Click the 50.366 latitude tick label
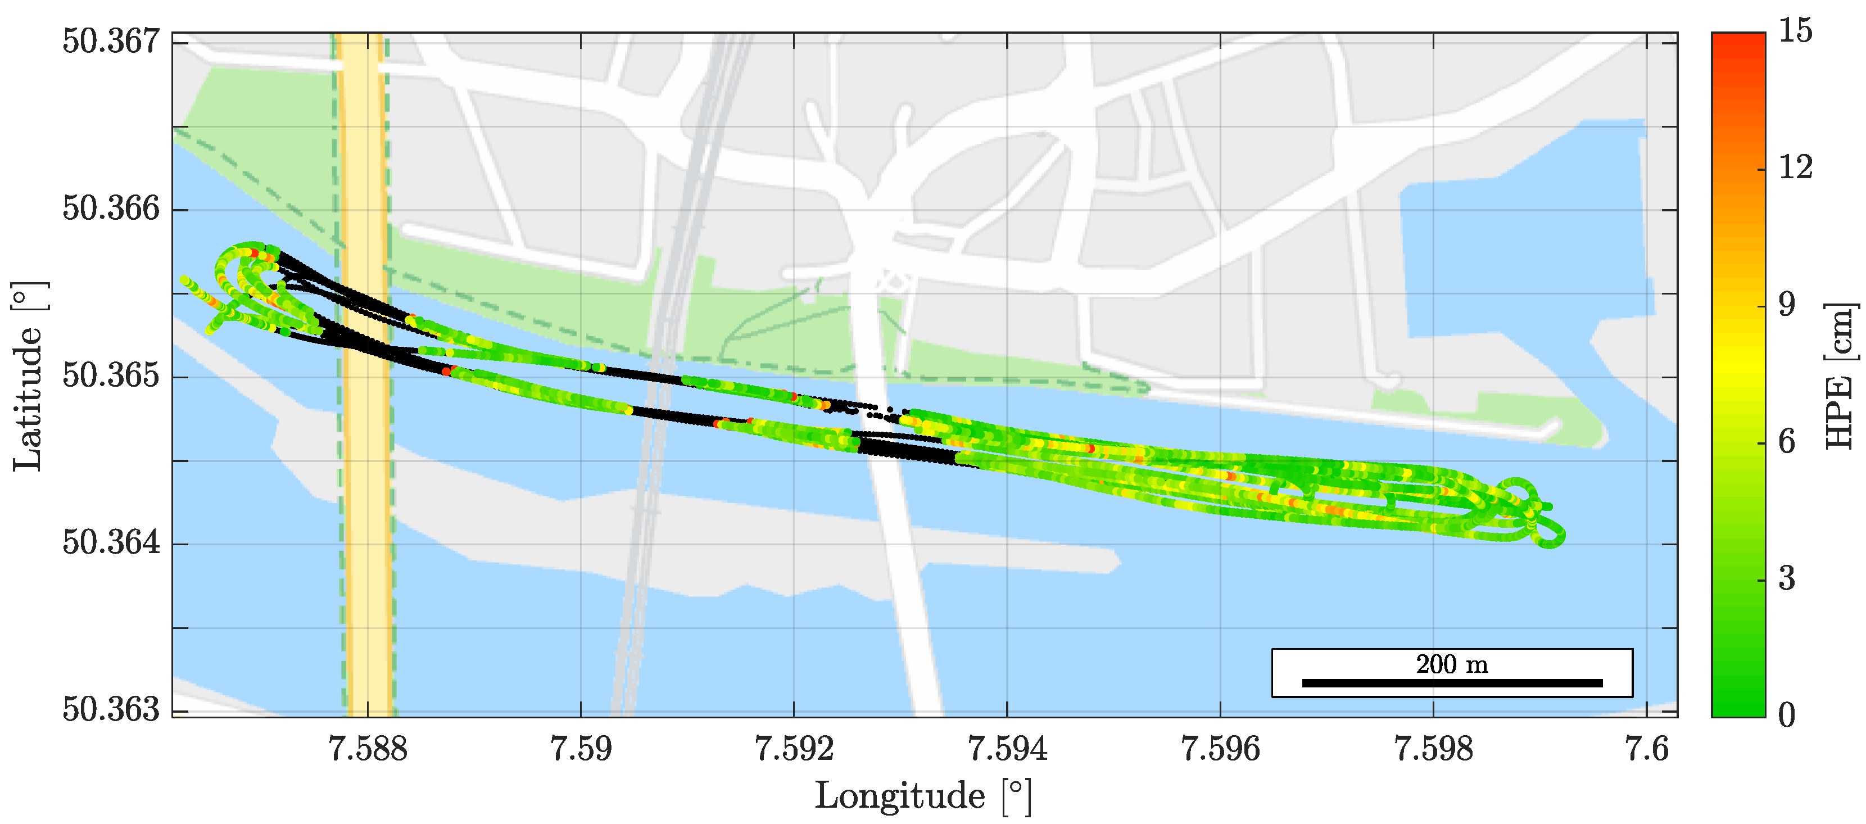coord(111,209)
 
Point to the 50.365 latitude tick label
coord(111,375)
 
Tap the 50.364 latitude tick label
coord(111,542)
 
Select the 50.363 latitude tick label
coord(111,709)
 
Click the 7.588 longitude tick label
coord(368,749)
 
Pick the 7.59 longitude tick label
coord(581,749)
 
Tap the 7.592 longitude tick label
coord(794,749)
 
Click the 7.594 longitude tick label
coord(1007,749)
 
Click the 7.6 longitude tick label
coord(1646,749)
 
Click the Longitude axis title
coord(923,796)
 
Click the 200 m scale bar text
coord(1452,664)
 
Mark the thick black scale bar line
coord(1452,683)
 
